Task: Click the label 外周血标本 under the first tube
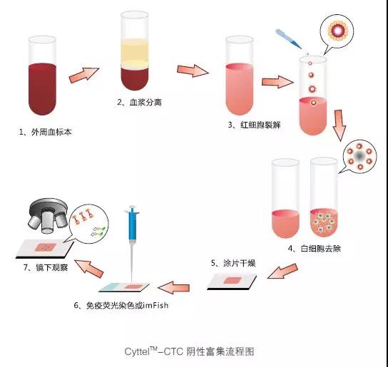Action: [51, 132]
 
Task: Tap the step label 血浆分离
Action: [145, 102]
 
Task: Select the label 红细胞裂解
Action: [260, 125]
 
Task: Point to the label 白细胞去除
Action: [320, 248]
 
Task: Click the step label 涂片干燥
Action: [239, 263]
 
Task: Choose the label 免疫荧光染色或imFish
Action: [127, 306]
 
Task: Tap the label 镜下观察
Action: [52, 267]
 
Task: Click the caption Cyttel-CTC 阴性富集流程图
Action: [190, 351]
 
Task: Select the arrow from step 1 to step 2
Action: [84, 75]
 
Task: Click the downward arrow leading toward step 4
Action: [339, 125]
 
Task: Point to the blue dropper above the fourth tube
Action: [288, 38]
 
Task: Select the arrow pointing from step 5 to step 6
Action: [173, 288]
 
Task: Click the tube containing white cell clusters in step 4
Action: [324, 197]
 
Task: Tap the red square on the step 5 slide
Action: [233, 280]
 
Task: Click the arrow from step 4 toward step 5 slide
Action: [282, 271]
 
